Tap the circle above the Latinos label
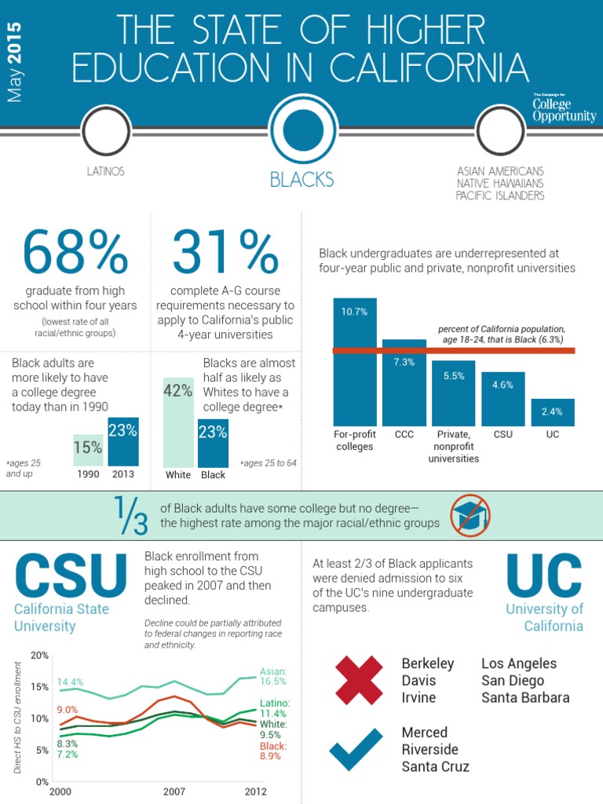click(x=106, y=130)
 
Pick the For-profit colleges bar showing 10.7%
click(x=355, y=361)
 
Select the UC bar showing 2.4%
click(x=553, y=411)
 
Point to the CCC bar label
click(x=404, y=433)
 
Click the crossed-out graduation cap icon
click(x=471, y=515)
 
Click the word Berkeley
click(x=428, y=663)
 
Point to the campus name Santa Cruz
click(x=435, y=766)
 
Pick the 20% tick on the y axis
click(x=39, y=655)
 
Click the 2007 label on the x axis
click(x=174, y=791)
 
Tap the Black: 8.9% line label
click(x=273, y=751)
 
